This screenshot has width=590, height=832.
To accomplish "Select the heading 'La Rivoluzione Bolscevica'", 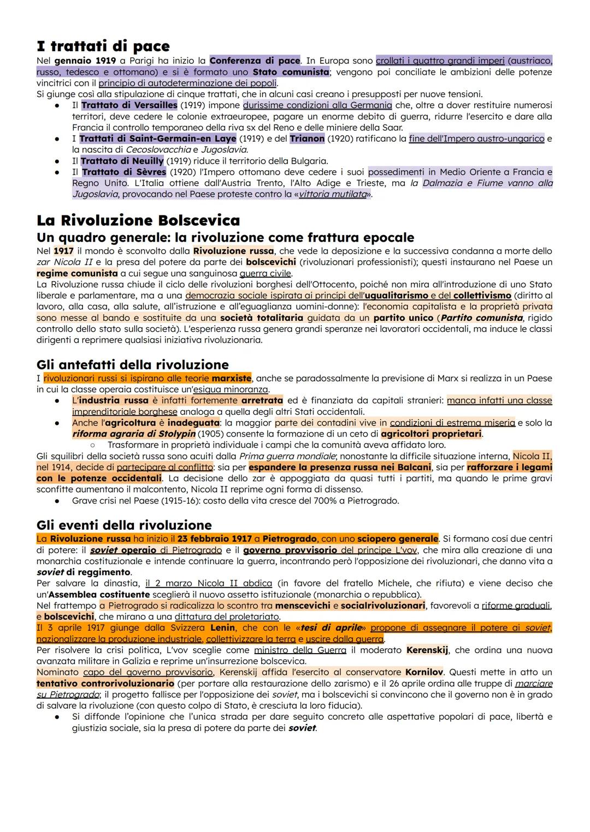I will (x=138, y=220).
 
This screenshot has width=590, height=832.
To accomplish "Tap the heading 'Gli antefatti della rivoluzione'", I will (x=132, y=364).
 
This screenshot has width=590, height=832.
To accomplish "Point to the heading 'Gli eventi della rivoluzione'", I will (x=124, y=525).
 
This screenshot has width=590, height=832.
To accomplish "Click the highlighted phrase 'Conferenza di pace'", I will (x=255, y=61).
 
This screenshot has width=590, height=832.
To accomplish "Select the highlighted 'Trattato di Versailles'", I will (x=129, y=105).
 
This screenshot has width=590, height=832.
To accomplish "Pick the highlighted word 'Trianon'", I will (x=307, y=139).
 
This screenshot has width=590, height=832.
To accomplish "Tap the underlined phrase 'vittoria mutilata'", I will (x=332, y=194).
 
